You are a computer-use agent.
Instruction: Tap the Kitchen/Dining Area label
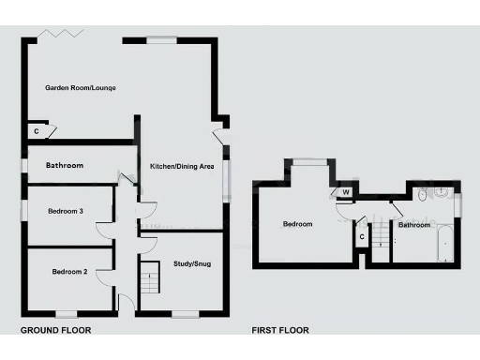183,166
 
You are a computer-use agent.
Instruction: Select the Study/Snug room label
192,264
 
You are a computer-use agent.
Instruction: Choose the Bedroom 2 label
69,272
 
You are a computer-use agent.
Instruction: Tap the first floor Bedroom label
297,224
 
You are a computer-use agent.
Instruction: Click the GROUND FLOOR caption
55,330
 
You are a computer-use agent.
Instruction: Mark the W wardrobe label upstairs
346,193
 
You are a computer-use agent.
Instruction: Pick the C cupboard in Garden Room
37,131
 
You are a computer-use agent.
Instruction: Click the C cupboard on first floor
362,236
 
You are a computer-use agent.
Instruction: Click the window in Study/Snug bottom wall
185,313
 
